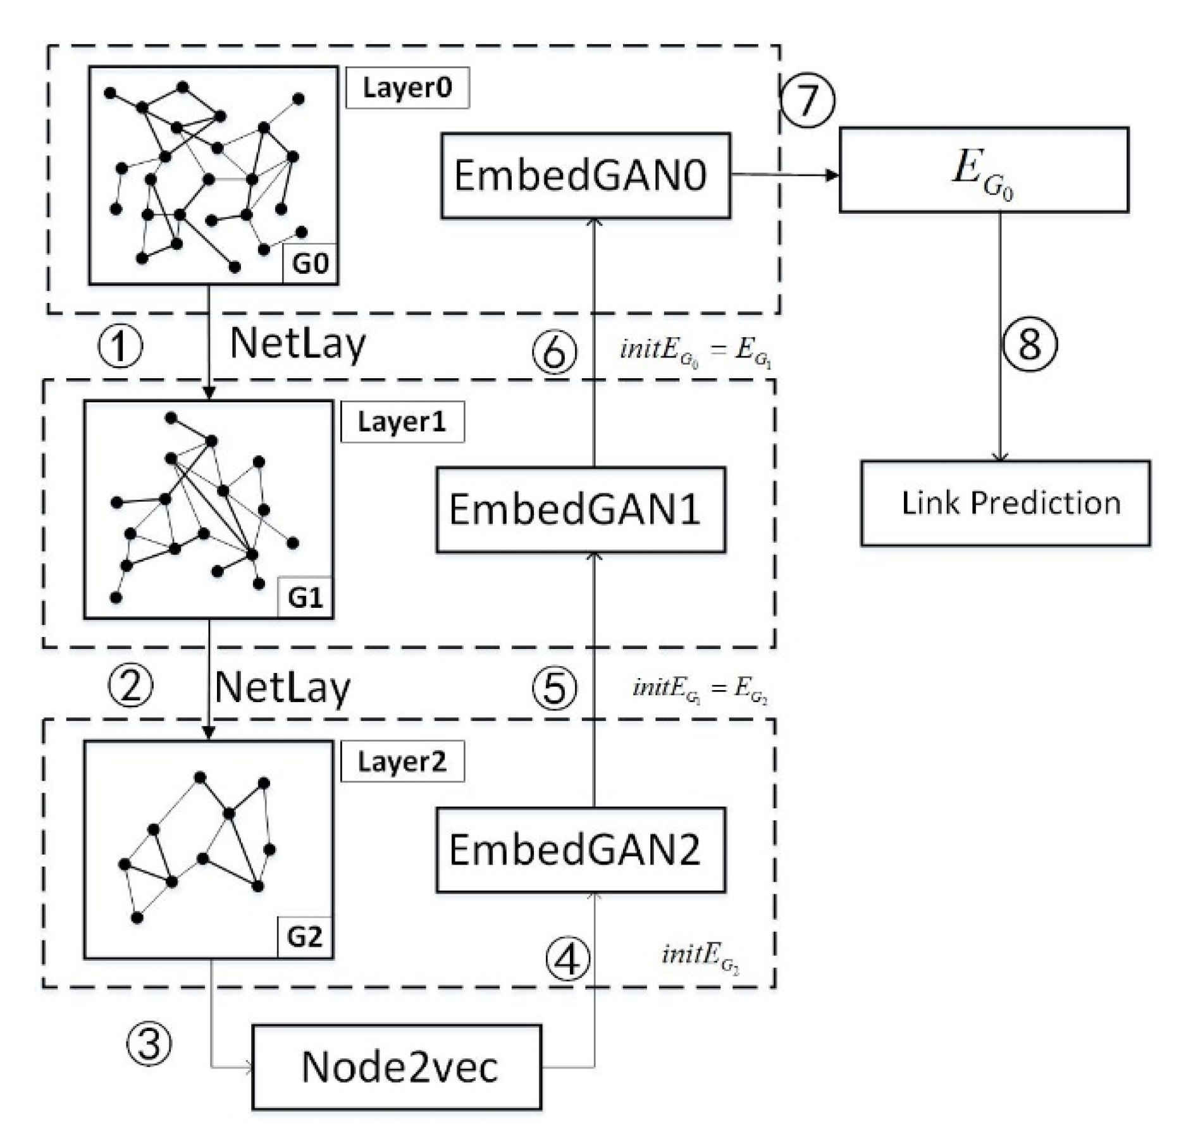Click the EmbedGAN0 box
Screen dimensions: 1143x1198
pyautogui.click(x=585, y=175)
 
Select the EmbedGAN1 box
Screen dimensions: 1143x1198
pyautogui.click(x=580, y=509)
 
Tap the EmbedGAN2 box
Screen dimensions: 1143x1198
pyautogui.click(x=580, y=850)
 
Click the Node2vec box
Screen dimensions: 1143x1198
pyautogui.click(x=397, y=1067)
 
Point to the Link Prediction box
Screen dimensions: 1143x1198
pyautogui.click(x=1005, y=503)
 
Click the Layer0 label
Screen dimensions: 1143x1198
pyautogui.click(x=407, y=87)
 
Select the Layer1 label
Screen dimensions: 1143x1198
pyautogui.click(x=402, y=422)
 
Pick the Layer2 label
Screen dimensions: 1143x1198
pyautogui.click(x=402, y=762)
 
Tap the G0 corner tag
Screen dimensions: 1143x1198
pyautogui.click(x=310, y=263)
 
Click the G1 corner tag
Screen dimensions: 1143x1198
pyautogui.click(x=306, y=597)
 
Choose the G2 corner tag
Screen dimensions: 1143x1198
pyautogui.click(x=305, y=937)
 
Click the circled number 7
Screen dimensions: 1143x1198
pyautogui.click(x=806, y=100)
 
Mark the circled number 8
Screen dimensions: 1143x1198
pyautogui.click(x=1030, y=345)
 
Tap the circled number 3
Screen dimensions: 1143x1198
pyautogui.click(x=149, y=1042)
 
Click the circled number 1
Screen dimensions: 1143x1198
pyautogui.click(x=120, y=346)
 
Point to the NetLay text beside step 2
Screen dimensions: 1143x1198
pyautogui.click(x=282, y=687)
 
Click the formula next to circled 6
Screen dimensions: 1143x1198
pyautogui.click(x=695, y=351)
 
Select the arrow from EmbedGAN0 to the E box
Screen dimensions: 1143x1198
pyautogui.click(x=784, y=175)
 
